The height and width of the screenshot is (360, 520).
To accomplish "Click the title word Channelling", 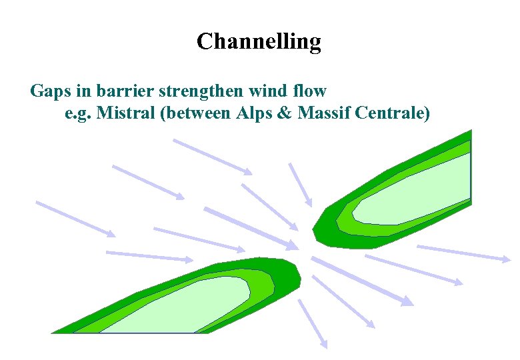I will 259,42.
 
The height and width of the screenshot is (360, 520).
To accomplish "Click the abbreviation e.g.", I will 78,113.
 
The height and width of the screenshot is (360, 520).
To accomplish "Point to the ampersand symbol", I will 283,113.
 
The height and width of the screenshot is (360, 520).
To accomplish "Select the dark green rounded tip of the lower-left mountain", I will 291,273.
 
